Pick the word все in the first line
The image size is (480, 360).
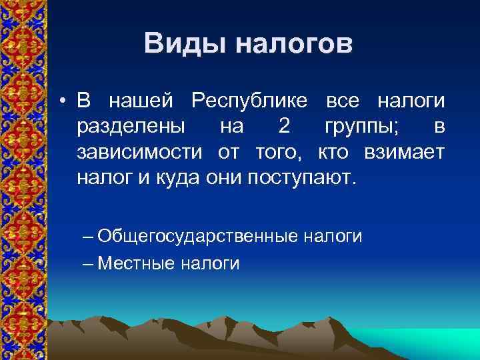click(x=342, y=101)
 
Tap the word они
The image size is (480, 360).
click(x=227, y=177)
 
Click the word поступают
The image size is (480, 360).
click(x=303, y=177)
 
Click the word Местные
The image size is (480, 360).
click(x=136, y=263)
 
